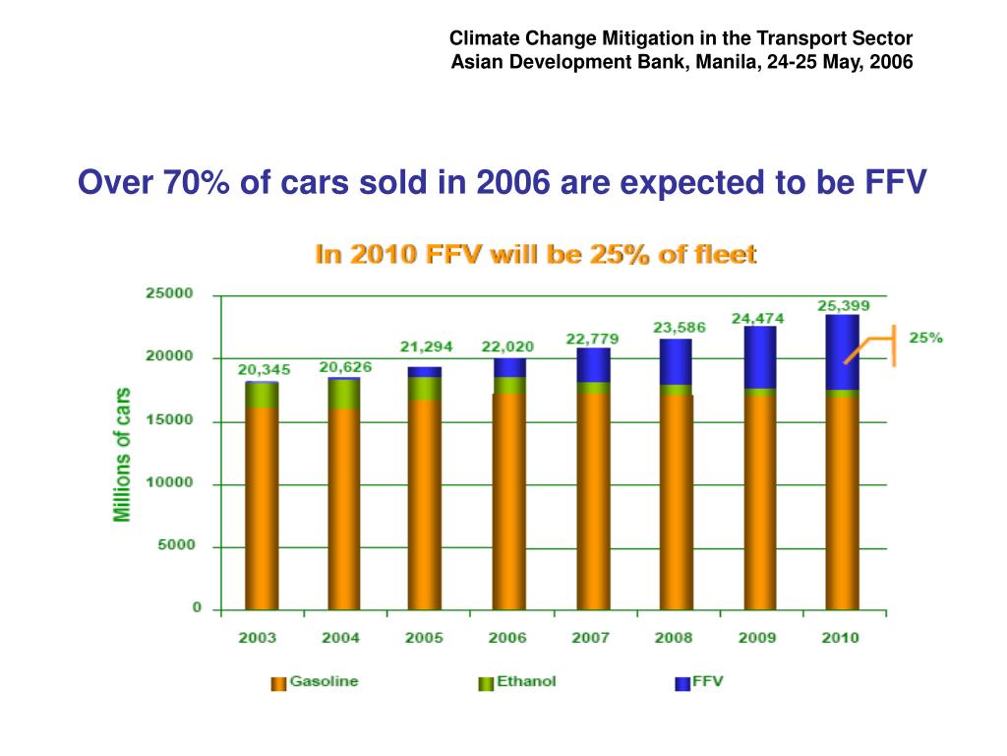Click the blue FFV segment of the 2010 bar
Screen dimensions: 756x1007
click(x=842, y=352)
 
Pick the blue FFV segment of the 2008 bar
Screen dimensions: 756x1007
click(x=677, y=361)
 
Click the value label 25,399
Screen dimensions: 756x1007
click(x=844, y=305)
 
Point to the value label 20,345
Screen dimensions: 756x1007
click(x=264, y=370)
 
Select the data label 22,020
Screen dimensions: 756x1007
click(x=506, y=346)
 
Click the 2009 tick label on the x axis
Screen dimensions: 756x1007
click(x=756, y=638)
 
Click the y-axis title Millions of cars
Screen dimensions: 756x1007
click(x=122, y=454)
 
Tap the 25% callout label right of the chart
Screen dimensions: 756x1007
click(x=925, y=338)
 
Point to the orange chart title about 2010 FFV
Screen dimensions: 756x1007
click(x=535, y=255)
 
